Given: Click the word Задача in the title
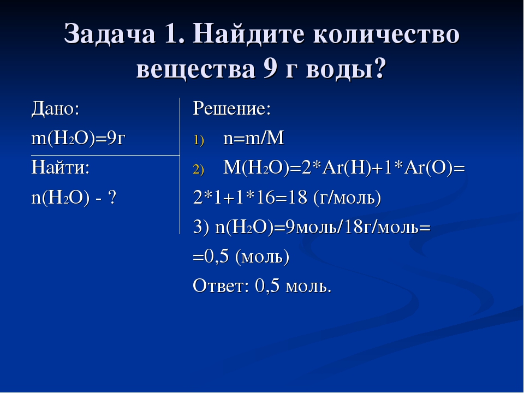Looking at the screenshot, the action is [110, 34].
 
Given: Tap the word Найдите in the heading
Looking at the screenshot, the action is [248, 34].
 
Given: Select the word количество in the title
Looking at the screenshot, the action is [386, 34].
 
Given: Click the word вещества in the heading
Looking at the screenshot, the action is [195, 69].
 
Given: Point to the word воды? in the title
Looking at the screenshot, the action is [346, 69].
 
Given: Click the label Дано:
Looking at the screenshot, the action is [55, 109].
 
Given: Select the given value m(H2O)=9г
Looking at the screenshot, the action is [78, 138].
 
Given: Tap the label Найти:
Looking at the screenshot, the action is [61, 167].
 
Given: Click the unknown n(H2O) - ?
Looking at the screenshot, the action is [74, 198].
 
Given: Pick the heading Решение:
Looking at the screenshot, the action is [232, 109].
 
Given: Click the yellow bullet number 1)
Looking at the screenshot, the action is [199, 140].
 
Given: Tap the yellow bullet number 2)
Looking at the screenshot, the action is [199, 170].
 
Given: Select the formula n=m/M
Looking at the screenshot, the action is [254, 138].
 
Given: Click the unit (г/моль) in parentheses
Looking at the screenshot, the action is [347, 198].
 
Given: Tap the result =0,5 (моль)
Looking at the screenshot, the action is [241, 257].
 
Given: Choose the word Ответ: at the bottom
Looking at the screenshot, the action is [221, 286].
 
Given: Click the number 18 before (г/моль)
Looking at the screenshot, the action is [297, 197].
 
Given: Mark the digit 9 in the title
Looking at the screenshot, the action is [270, 69].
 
